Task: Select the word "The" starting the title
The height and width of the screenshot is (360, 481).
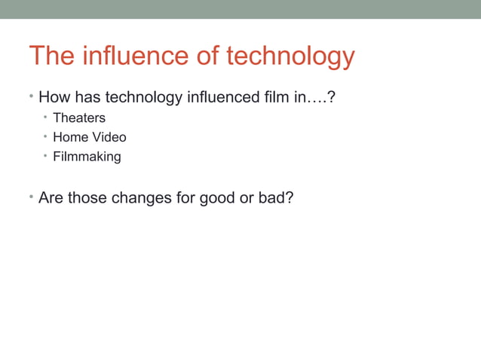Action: click(x=52, y=56)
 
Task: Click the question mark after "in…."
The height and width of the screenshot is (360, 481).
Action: click(x=330, y=97)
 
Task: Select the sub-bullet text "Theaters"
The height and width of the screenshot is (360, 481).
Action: click(x=79, y=118)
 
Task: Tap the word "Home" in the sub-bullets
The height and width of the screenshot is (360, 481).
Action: click(x=69, y=138)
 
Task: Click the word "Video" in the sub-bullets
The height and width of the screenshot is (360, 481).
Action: click(x=109, y=138)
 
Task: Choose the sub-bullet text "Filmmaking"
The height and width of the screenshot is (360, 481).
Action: click(x=87, y=157)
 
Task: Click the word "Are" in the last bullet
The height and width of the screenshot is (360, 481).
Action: click(x=51, y=199)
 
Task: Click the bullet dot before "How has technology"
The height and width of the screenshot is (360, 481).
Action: click(x=32, y=96)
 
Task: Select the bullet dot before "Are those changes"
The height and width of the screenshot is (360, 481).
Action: click(x=32, y=197)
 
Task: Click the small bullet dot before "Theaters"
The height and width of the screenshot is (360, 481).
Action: click(x=45, y=117)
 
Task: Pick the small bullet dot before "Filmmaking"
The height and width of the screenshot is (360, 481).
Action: click(x=45, y=156)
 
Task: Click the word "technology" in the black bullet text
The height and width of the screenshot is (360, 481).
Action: click(x=139, y=97)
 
